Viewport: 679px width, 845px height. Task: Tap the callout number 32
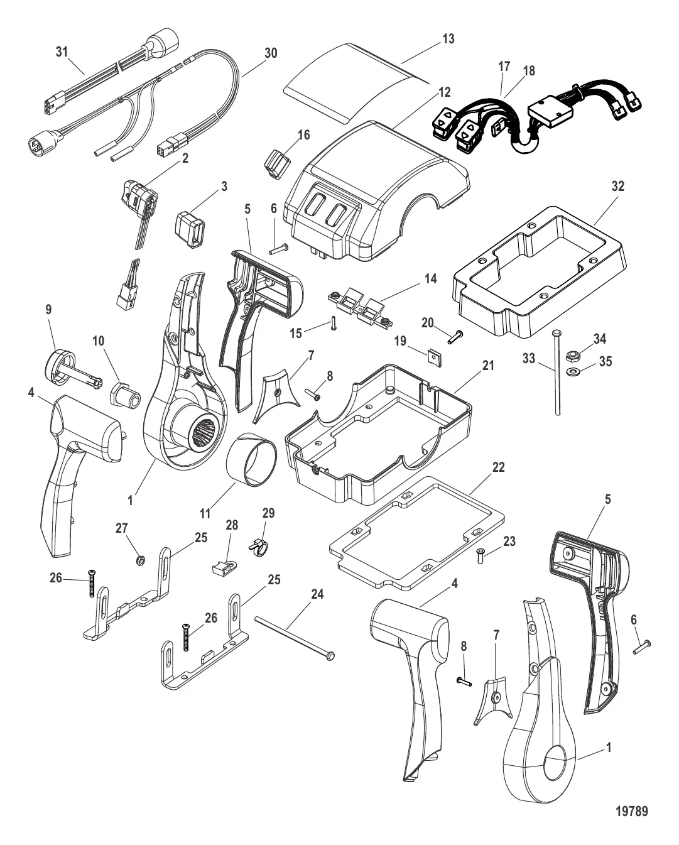[600, 187]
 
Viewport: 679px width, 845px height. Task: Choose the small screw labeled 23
[481, 554]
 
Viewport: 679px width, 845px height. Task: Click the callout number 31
[61, 53]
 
